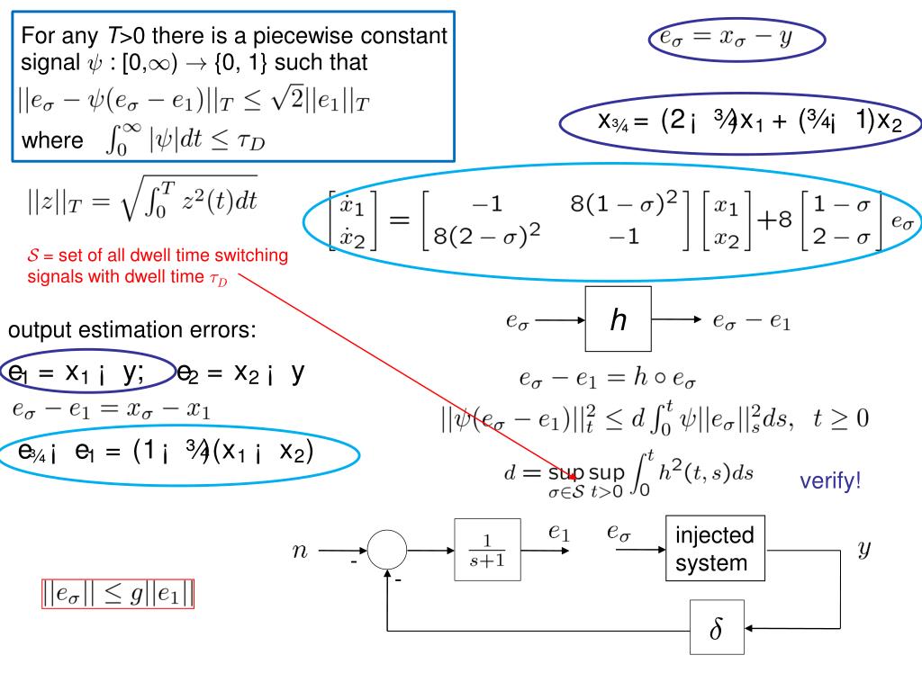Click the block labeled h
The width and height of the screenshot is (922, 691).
tap(618, 319)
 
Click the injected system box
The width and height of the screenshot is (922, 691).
tap(715, 549)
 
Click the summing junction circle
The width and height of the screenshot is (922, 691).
tap(388, 549)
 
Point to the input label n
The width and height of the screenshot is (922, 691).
tap(300, 550)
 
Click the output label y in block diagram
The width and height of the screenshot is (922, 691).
tap(863, 548)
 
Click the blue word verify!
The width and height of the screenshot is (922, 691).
tap(830, 481)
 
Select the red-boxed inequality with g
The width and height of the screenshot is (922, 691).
tap(119, 594)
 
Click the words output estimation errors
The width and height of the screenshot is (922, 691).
tap(132, 330)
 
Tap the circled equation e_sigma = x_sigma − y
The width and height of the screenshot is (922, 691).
tap(737, 39)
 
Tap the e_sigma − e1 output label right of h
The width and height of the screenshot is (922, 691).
tap(751, 320)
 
